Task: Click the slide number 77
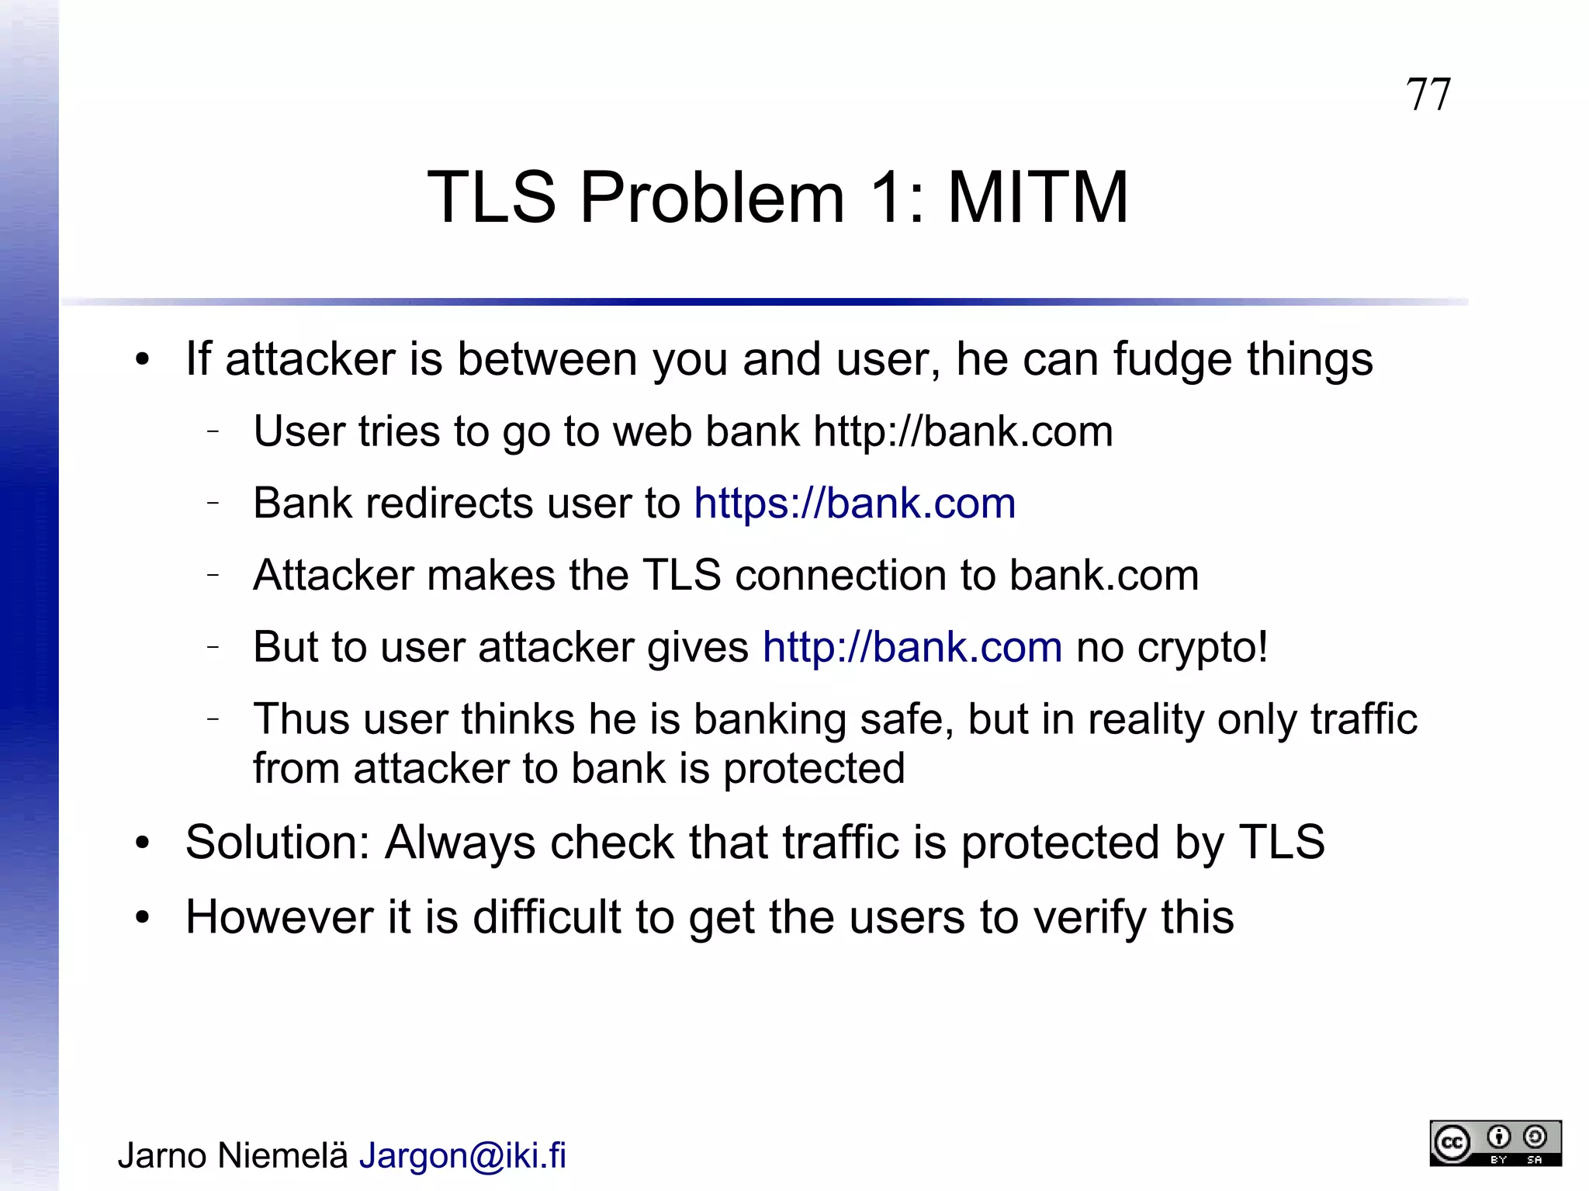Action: pyautogui.click(x=1428, y=95)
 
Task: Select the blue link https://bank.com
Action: pyautogui.click(x=854, y=503)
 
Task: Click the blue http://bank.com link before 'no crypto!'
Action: pyautogui.click(x=912, y=647)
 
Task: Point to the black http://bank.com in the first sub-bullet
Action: pyautogui.click(x=963, y=431)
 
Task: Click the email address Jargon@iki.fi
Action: pyautogui.click(x=462, y=1155)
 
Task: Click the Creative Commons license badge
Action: pyautogui.click(x=1495, y=1143)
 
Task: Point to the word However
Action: pyautogui.click(x=279, y=917)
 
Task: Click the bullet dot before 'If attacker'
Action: pyautogui.click(x=142, y=360)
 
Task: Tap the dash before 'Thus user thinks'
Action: pyautogui.click(x=213, y=719)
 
